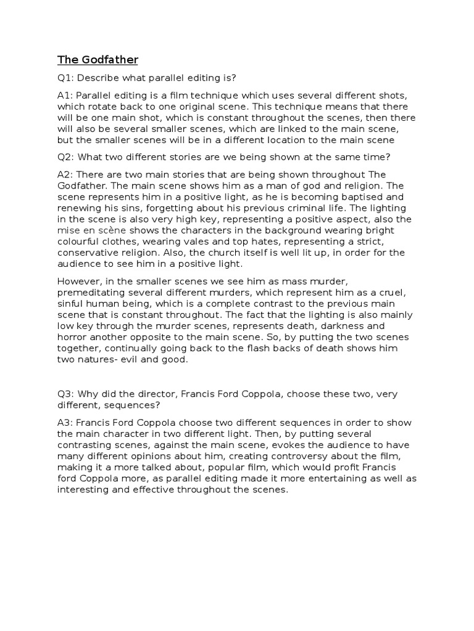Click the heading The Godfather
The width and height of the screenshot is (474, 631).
98,60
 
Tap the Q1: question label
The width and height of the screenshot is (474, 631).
66,79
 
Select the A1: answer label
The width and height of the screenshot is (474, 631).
66,96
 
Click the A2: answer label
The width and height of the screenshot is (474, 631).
66,175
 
